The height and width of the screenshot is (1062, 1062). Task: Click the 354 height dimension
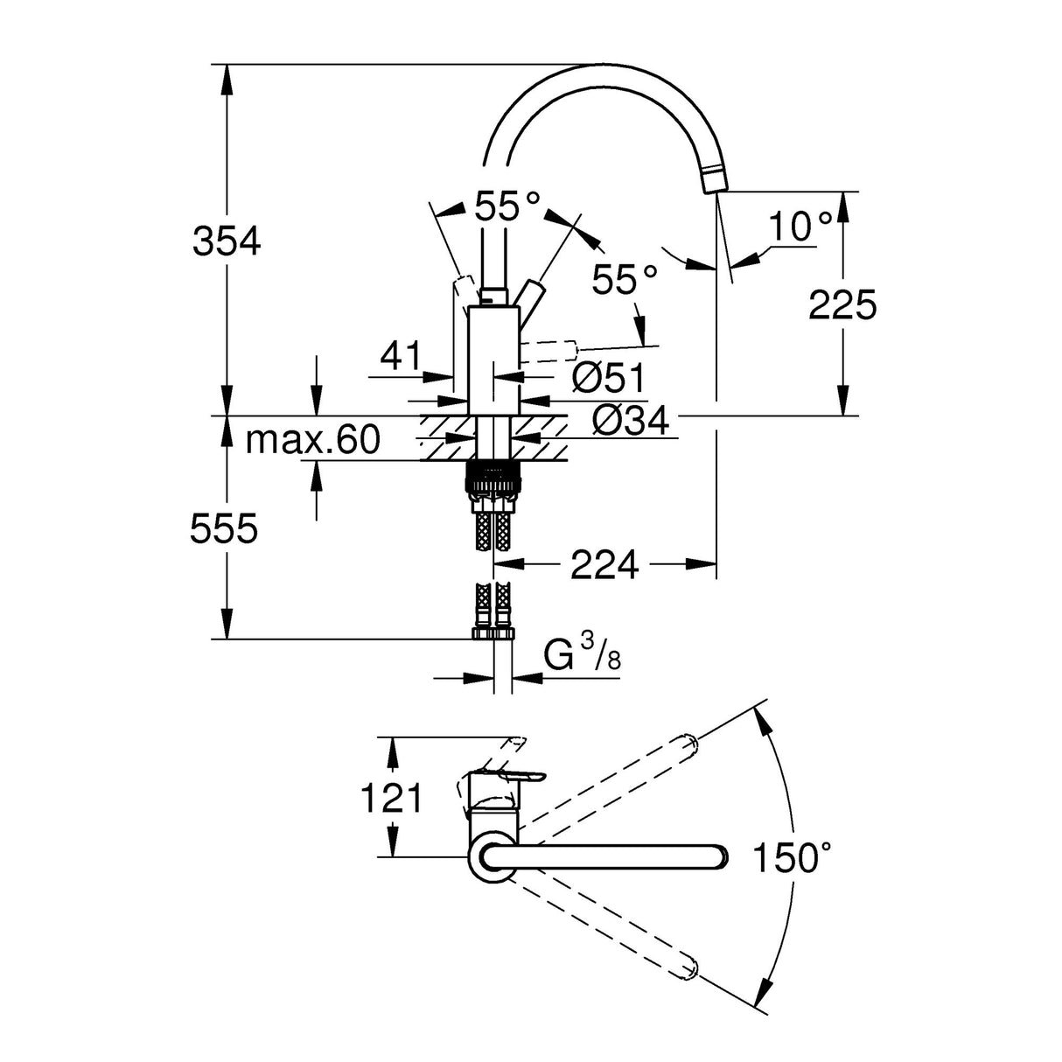pyautogui.click(x=227, y=241)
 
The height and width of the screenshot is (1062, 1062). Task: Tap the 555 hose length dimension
pyautogui.click(x=225, y=529)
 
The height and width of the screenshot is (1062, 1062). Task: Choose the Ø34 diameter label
pyautogui.click(x=630, y=421)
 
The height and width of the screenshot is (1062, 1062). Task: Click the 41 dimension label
pyautogui.click(x=401, y=356)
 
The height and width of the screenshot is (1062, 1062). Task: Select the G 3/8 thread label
pyautogui.click(x=582, y=655)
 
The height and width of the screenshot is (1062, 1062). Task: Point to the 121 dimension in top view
pyautogui.click(x=392, y=798)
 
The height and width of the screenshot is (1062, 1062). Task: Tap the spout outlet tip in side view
pyautogui.click(x=714, y=179)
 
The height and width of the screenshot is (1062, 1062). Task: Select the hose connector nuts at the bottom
pyautogui.click(x=494, y=632)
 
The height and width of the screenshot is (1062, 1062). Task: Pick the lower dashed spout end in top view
pyautogui.click(x=687, y=968)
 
